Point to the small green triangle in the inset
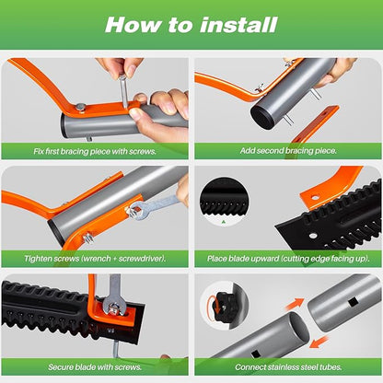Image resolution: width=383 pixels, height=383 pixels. coord(222,221)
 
